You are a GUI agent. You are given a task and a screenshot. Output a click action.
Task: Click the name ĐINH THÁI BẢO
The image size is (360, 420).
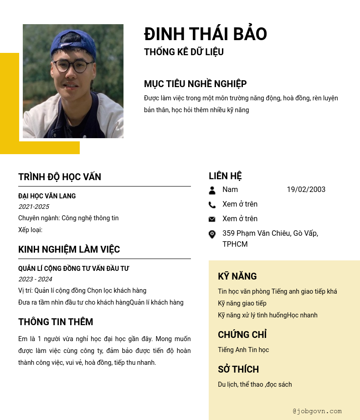coord(206,34)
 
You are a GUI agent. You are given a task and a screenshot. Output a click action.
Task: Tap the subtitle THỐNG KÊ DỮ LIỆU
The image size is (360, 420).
coord(184,52)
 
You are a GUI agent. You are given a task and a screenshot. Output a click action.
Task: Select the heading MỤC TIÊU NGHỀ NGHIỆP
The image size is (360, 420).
coord(195,84)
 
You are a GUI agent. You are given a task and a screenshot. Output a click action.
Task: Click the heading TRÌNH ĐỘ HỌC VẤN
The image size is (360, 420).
coord(60,177)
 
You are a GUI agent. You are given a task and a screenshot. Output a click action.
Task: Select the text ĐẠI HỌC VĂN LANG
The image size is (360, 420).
coord(47,196)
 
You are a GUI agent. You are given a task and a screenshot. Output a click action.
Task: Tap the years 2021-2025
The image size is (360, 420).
coord(34,207)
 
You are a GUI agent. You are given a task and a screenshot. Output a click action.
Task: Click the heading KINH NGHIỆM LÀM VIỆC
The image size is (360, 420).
coord(69,249)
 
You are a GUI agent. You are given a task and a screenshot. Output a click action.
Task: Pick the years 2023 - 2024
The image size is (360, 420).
coord(35,279)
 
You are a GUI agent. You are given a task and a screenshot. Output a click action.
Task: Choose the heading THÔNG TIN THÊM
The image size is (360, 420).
coord(56,322)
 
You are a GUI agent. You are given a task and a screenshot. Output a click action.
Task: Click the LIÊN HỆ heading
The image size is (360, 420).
coord(225,176)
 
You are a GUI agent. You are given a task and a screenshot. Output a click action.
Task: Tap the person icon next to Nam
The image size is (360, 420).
coord(212,190)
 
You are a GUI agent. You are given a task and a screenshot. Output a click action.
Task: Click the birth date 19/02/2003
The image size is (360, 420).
coord(306,190)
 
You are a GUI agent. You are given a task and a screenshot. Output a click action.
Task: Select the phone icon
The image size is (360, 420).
coord(212,205)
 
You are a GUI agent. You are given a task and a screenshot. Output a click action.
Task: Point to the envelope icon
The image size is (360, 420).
coord(212,219)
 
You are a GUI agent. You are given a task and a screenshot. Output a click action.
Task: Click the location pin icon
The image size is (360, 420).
coord(212,234)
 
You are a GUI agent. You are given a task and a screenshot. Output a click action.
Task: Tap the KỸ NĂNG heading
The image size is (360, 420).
coord(237,276)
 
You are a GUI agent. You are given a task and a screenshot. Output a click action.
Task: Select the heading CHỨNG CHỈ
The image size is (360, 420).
coord(242,335)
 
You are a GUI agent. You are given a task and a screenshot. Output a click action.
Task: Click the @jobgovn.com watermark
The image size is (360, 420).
coord(317,411)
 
